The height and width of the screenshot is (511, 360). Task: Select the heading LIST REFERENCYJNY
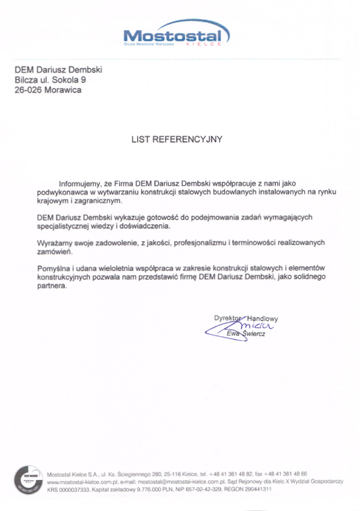click(x=177, y=139)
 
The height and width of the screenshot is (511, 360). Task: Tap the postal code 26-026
click(x=27, y=90)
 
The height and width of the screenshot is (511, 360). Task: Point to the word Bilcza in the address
click(x=26, y=80)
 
